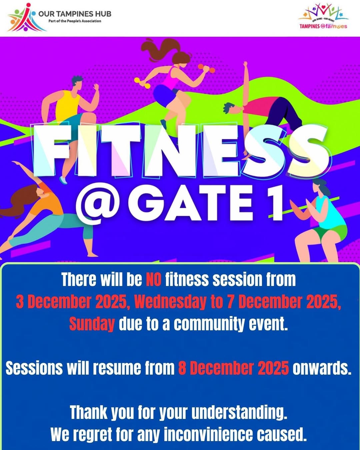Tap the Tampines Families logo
click(x=323, y=17)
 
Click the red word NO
click(x=153, y=279)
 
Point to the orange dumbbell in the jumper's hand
click(x=206, y=69)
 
